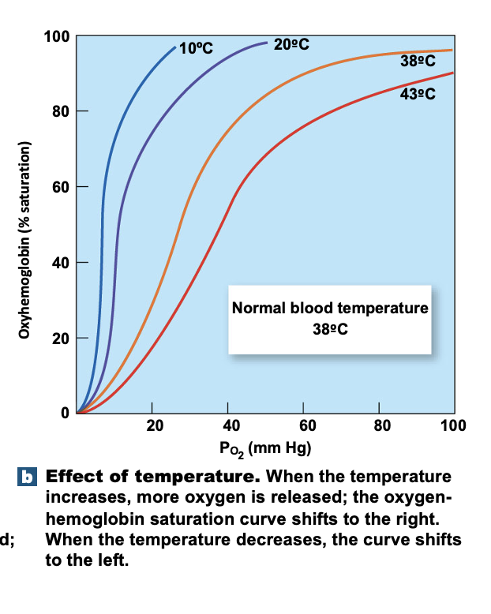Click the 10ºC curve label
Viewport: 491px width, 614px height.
196,48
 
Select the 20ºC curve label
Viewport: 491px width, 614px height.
291,45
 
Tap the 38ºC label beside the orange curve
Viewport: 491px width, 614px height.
418,64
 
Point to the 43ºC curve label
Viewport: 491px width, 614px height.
418,95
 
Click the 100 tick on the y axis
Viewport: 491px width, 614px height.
59,36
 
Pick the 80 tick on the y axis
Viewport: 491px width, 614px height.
62,111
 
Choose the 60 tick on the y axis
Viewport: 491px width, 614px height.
62,187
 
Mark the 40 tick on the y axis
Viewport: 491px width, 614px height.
62,262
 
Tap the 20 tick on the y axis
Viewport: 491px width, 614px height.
62,338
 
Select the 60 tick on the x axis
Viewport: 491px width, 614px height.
305,427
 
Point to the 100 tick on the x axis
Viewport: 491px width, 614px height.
455,427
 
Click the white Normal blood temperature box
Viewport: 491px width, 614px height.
330,319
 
